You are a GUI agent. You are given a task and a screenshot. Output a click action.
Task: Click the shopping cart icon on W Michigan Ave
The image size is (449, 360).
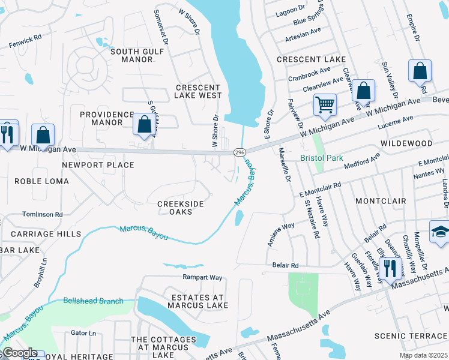[x=325, y=104]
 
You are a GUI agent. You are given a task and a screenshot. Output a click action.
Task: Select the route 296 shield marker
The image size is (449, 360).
[x=239, y=153]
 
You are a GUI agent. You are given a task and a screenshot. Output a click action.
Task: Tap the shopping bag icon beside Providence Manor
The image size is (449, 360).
[x=144, y=124]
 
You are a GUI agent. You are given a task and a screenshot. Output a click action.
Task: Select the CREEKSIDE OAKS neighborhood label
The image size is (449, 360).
[x=180, y=208]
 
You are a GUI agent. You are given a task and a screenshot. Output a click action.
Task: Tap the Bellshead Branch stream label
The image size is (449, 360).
[x=93, y=301]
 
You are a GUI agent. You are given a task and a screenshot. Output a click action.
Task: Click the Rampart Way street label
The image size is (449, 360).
[x=202, y=278]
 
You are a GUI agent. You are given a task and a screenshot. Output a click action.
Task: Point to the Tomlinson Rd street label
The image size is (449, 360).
[x=42, y=214]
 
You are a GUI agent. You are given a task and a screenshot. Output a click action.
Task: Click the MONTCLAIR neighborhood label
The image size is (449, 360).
[x=381, y=200]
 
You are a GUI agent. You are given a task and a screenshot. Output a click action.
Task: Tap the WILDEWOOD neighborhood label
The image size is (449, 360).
[x=406, y=143]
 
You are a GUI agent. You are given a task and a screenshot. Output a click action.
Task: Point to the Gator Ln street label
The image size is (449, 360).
[x=83, y=333]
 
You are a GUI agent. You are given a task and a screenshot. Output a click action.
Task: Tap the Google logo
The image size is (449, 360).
[x=20, y=353]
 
